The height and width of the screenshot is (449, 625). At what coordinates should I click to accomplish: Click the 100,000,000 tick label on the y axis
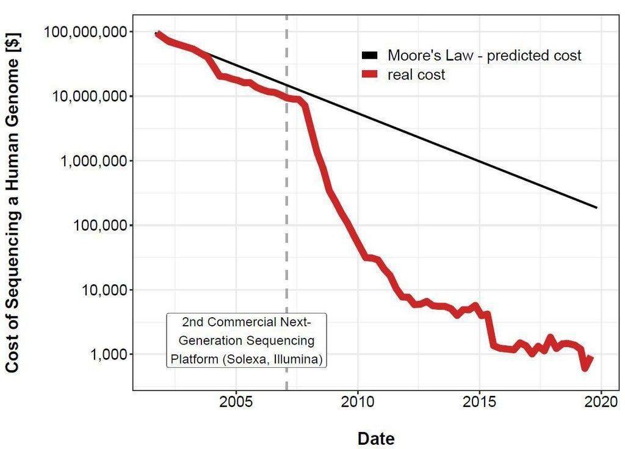[x=85, y=32]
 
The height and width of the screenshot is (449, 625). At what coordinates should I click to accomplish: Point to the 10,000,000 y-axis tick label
[x=90, y=96]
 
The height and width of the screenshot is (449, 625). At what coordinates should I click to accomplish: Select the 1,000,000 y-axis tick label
[x=94, y=160]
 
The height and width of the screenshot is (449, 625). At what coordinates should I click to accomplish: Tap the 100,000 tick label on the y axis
[x=101, y=225]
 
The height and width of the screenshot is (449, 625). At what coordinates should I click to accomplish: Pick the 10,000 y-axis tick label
[x=104, y=290]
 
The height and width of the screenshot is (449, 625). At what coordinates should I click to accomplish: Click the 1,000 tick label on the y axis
[x=109, y=354]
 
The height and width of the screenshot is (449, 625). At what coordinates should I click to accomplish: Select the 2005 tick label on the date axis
[x=236, y=401]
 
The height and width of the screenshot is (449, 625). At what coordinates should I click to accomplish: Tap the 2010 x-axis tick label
[x=358, y=401]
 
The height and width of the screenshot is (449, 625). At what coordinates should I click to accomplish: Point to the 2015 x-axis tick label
[x=479, y=401]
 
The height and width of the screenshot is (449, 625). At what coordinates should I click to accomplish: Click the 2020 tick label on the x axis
[x=601, y=401]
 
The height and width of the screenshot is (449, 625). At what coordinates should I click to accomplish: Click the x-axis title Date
[x=376, y=438]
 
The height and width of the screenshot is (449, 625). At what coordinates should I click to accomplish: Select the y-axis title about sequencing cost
[x=12, y=203]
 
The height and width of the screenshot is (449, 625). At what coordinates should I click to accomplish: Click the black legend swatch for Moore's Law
[x=369, y=56]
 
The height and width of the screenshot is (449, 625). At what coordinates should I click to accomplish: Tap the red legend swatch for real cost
[x=369, y=74]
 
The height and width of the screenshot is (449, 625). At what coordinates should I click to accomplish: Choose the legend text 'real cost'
[x=416, y=74]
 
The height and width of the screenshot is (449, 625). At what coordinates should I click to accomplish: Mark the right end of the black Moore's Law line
[x=597, y=207]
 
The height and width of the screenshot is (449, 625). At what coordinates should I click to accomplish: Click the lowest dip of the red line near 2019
[x=585, y=368]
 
